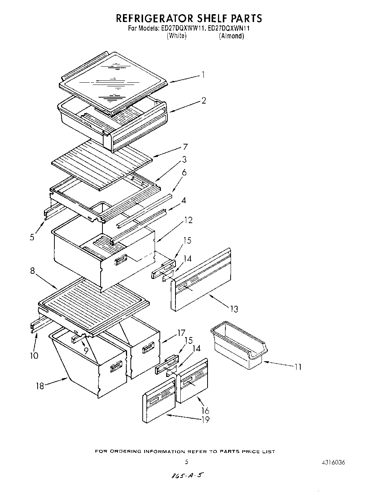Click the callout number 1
203,75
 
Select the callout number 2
203,101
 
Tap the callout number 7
185,147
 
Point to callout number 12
188,220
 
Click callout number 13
234,309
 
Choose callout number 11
297,367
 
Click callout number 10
34,355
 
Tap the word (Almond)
231,36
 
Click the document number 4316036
332,463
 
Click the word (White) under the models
176,36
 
